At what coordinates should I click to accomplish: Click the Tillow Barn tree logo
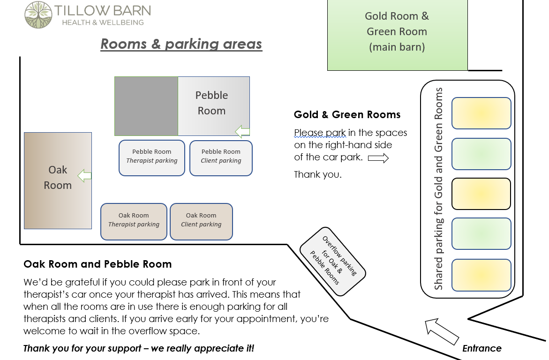pos(38,15)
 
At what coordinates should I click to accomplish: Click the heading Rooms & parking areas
pos(181,44)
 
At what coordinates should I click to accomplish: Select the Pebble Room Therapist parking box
pos(151,158)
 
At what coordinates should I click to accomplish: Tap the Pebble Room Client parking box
pos(221,158)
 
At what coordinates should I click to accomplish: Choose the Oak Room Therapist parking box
pos(134,222)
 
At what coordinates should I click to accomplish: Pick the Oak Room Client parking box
pos(201,222)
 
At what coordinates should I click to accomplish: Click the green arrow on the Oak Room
pos(84,176)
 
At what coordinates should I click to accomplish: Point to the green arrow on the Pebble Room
pos(242,132)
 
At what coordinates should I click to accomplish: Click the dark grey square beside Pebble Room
pos(146,106)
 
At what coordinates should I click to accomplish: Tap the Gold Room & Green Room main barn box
pos(398,35)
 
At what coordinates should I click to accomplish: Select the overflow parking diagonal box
pos(332,262)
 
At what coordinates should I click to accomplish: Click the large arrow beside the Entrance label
pos(442,331)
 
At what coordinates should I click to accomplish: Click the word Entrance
pos(482,348)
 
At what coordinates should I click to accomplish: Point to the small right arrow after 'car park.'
pos(378,158)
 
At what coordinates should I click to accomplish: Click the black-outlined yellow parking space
pos(481,194)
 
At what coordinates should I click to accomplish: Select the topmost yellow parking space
pos(481,113)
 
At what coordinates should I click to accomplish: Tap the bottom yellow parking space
pos(481,275)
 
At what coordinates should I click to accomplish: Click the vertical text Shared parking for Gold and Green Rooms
pos(438,189)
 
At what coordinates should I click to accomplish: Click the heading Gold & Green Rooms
pos(347,114)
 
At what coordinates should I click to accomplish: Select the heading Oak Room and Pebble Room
pos(98,264)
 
